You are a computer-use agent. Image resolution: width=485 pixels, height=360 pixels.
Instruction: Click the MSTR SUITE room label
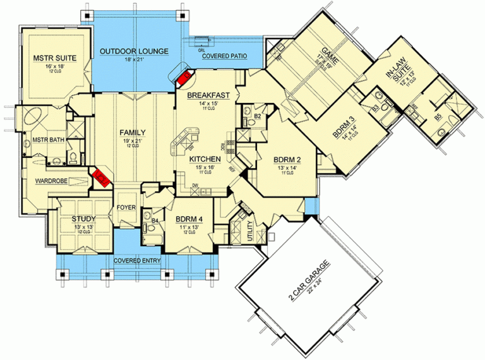coord(54,58)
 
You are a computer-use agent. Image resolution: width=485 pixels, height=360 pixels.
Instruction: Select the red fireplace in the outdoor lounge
coord(184,78)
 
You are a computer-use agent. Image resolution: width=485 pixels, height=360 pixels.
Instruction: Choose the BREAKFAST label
coord(213,95)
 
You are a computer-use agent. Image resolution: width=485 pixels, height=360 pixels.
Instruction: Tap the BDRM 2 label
coord(286,159)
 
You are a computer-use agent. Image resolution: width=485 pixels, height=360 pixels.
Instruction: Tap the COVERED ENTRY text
coord(136,260)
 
